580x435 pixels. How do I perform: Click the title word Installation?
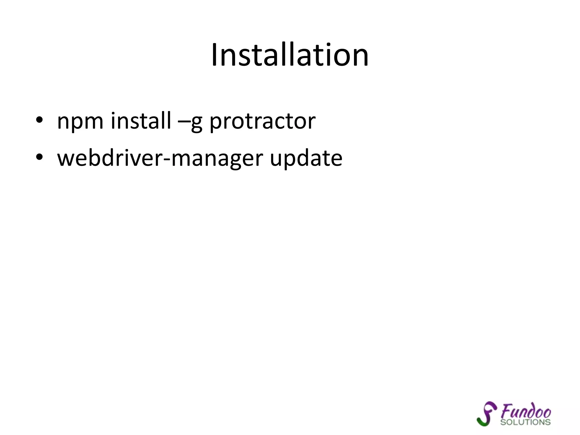tap(290, 55)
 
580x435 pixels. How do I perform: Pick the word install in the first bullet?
tap(141, 121)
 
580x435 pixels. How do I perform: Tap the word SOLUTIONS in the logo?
tap(525, 422)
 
